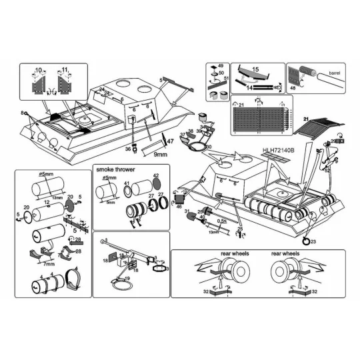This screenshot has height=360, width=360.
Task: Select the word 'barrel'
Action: [330, 71]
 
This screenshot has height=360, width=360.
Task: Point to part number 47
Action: [170, 141]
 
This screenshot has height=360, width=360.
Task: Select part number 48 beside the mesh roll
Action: [292, 87]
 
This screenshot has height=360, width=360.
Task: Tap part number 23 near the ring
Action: [313, 241]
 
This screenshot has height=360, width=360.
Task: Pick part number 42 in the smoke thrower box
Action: [157, 177]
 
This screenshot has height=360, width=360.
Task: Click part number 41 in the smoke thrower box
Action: [125, 183]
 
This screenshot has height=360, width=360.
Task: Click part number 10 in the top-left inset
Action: [38, 69]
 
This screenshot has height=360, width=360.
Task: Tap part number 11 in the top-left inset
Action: [65, 69]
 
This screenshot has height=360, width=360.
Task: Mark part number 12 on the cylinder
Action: [47, 201]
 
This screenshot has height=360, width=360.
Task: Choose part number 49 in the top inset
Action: [221, 67]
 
